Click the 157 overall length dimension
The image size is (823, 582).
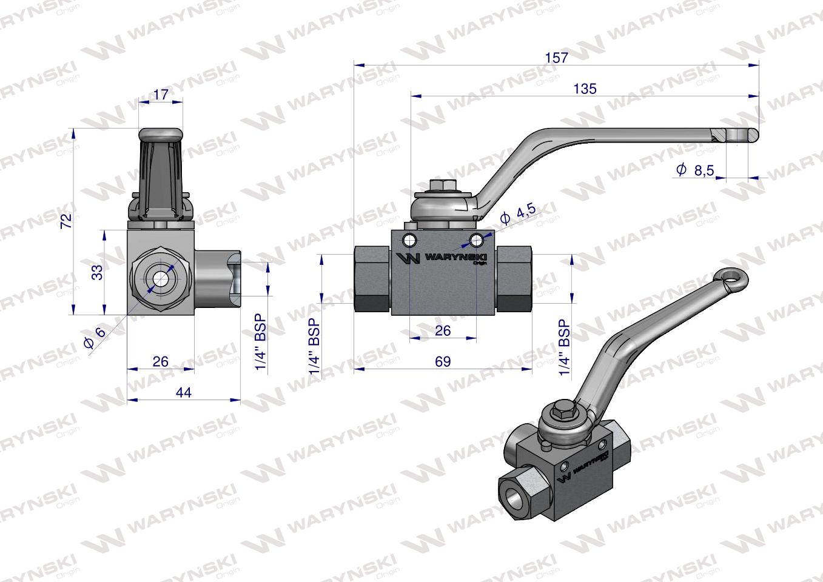(556, 58)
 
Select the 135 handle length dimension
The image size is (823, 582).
(585, 89)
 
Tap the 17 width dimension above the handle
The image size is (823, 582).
(161, 95)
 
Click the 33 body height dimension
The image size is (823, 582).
(97, 272)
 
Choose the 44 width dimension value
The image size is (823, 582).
(183, 393)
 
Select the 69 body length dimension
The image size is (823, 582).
(443, 361)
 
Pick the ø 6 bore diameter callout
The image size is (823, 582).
(93, 336)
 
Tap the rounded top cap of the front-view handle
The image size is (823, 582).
(161, 134)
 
